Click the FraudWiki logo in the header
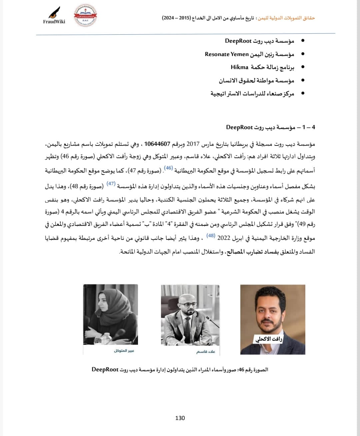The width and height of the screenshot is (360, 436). point(54,16)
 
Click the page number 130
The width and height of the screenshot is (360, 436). point(180,418)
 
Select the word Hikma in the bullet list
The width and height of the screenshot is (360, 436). point(239,67)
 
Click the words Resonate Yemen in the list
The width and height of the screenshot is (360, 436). point(227,54)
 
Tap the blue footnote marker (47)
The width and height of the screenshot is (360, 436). point(111,183)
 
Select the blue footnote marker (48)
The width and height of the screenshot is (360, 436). point(211,236)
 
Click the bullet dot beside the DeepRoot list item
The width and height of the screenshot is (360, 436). point(302,41)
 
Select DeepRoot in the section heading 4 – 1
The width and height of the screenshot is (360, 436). point(240,127)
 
